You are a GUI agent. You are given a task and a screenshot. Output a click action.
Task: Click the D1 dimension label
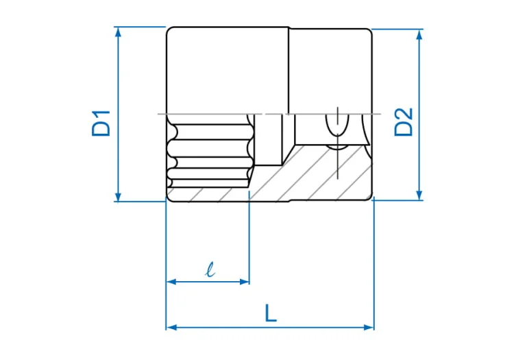click(x=101, y=123)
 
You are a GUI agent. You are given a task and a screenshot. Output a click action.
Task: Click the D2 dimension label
click(x=403, y=122)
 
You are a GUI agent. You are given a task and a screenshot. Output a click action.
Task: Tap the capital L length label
click(x=271, y=313)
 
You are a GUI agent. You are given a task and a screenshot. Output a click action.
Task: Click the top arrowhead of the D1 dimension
click(x=119, y=32)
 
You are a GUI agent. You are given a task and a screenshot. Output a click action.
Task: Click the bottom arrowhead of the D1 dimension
click(x=119, y=196)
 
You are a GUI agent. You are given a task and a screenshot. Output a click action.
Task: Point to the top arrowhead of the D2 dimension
click(x=419, y=34)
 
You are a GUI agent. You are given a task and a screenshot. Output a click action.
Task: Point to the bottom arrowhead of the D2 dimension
click(x=419, y=195)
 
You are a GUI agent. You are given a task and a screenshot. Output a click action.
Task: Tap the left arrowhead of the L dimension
click(x=172, y=327)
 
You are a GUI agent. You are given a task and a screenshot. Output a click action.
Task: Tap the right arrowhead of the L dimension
click(x=369, y=327)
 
